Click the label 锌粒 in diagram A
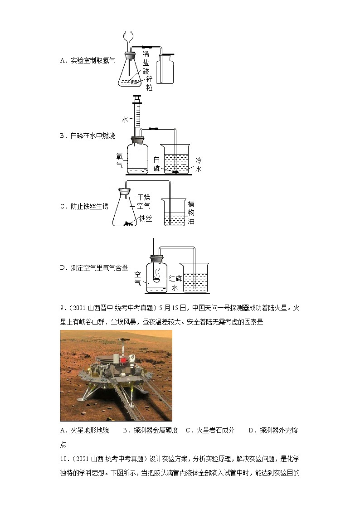[149, 83]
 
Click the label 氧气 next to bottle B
[120, 161]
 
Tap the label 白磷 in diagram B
[156, 164]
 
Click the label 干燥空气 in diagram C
[144, 202]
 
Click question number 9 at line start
[63, 309]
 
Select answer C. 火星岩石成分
[210, 431]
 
